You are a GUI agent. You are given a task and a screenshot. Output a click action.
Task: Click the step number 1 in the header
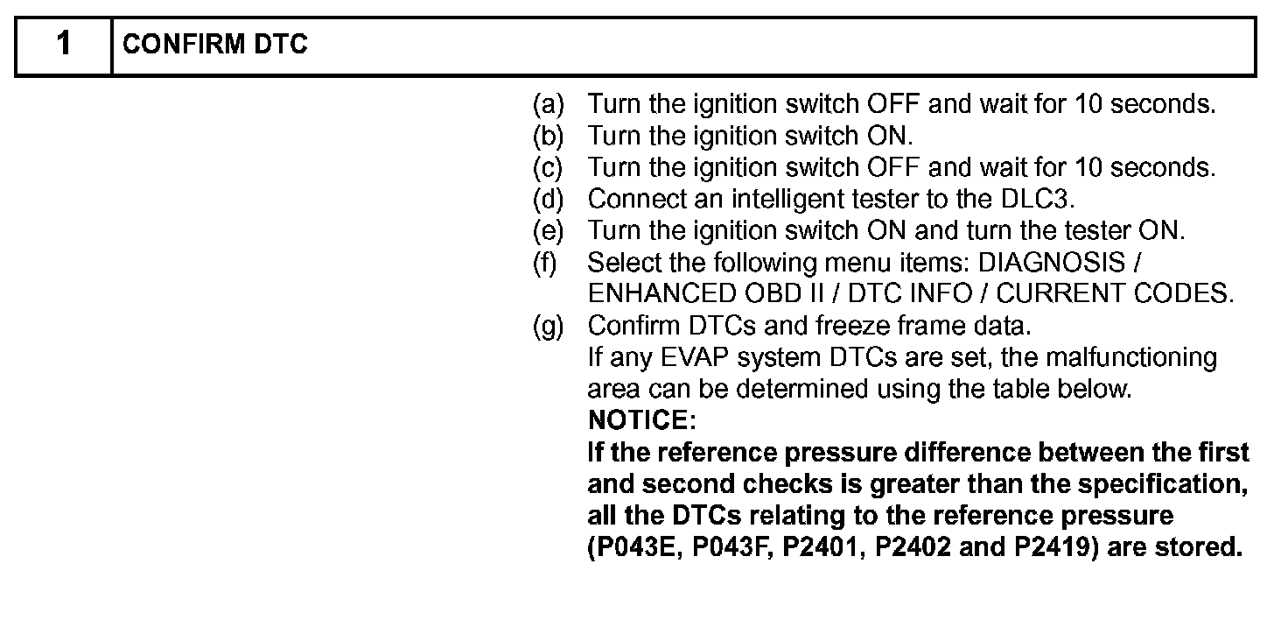64,45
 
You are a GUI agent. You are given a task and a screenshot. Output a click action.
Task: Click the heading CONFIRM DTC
215,46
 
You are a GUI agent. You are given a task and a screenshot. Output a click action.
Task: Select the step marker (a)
549,105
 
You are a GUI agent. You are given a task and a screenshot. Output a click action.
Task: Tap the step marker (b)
549,137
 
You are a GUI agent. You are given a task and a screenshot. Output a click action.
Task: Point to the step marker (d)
549,200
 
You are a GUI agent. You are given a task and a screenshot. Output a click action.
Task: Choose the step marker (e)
549,231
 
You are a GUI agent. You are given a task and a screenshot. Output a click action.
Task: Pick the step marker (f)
547,263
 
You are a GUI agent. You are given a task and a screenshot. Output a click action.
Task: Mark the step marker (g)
549,326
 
